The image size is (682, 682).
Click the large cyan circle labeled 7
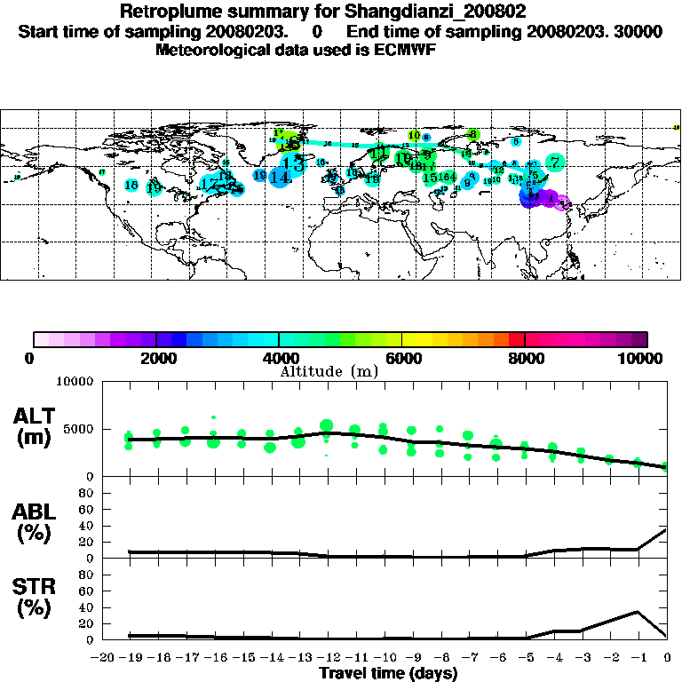tap(555, 162)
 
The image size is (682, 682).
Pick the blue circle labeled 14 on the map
tap(280, 177)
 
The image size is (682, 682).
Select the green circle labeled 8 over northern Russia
tap(473, 134)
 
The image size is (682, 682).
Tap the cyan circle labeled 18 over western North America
tap(131, 185)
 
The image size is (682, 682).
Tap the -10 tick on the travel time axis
tap(382, 657)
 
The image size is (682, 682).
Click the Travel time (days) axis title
tap(388, 673)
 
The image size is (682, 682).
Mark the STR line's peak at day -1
tap(638, 611)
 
